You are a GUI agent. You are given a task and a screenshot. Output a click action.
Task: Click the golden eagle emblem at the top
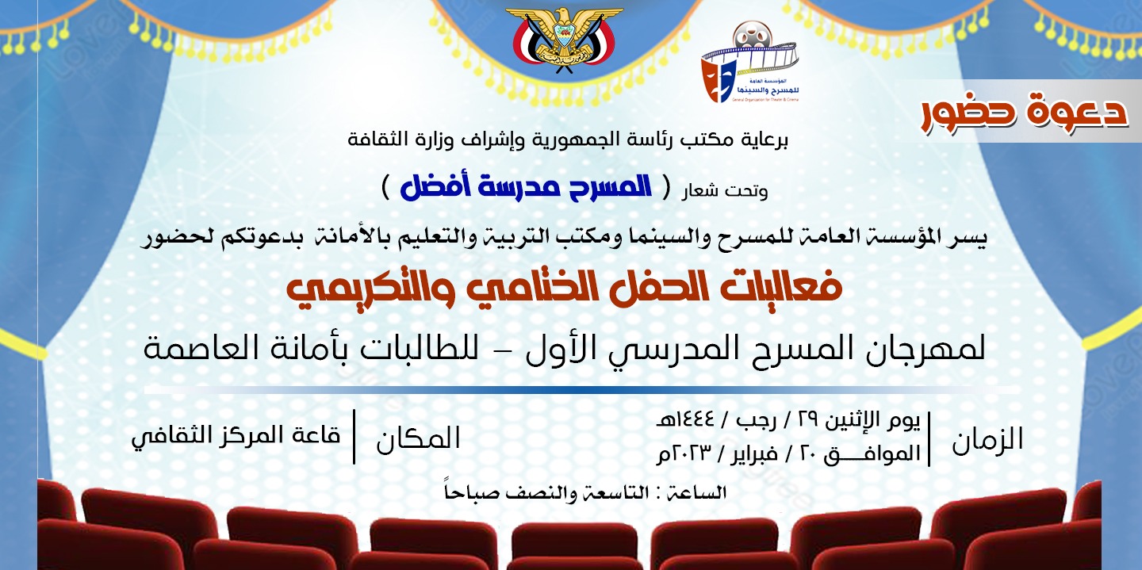563,40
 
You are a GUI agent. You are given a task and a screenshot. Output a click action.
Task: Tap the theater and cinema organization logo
750,62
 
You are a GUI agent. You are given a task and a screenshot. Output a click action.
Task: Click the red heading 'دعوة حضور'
1024,113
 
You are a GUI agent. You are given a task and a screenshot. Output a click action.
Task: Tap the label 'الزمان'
987,439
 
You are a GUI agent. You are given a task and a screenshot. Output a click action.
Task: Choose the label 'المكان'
418,438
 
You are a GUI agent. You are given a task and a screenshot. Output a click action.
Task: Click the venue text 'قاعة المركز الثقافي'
236,437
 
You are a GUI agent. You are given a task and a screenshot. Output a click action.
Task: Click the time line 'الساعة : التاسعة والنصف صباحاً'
585,492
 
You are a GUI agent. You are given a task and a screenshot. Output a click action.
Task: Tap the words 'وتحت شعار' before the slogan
725,191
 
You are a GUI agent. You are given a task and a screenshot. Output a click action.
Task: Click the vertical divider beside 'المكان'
354,437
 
